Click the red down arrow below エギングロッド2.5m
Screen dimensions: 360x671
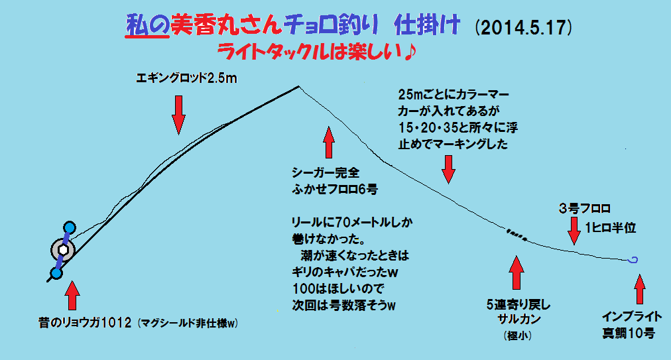tap(178, 114)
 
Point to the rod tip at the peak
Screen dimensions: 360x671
tap(298, 87)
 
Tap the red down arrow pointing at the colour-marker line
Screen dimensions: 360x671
tap(449, 168)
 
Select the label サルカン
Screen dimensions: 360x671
tap(517, 320)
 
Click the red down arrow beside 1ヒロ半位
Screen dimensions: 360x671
tap(572, 232)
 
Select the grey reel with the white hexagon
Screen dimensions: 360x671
tap(63, 250)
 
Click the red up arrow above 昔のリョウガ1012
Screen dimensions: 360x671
tap(72, 298)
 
